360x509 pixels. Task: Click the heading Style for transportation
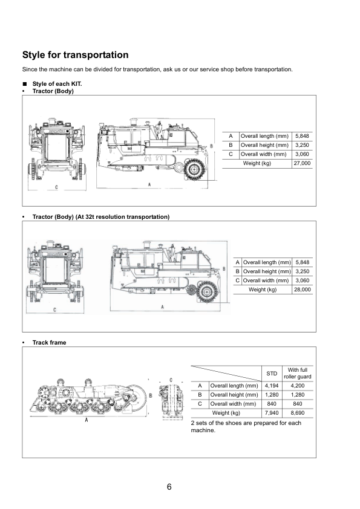click(76, 55)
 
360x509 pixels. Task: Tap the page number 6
click(169, 487)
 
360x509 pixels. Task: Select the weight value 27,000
click(302, 163)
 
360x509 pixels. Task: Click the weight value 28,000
click(303, 290)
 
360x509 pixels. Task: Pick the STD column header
click(272, 374)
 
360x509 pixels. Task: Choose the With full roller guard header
click(298, 374)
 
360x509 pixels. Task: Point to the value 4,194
click(272, 386)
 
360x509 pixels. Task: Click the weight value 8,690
click(298, 413)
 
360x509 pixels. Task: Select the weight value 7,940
click(272, 413)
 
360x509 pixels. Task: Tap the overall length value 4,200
click(298, 386)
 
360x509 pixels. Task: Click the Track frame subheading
click(49, 343)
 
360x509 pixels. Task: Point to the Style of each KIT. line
click(57, 84)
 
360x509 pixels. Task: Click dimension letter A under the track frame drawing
click(87, 420)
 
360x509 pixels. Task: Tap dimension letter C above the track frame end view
click(171, 380)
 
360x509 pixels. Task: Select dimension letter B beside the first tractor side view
click(212, 146)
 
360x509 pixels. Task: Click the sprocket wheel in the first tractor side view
click(194, 169)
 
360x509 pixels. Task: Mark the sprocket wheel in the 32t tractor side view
click(207, 291)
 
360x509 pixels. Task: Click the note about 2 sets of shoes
click(246, 427)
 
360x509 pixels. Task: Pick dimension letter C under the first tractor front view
click(56, 187)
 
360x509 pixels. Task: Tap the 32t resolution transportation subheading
click(101, 217)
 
